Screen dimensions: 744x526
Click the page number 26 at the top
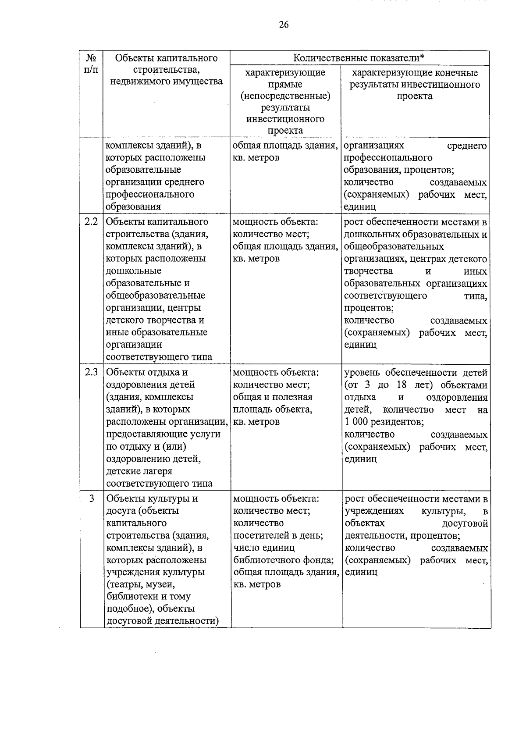coord(284,25)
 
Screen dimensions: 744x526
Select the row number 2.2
coord(91,221)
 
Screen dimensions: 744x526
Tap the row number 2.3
coord(91,372)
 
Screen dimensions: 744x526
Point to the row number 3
coord(92,498)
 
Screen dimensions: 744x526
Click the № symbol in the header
coord(91,58)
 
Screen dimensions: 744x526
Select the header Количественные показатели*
coord(359,58)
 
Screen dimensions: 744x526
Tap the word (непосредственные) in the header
coord(285,96)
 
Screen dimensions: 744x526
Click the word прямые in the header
coord(285,84)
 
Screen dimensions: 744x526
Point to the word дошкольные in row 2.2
coord(134,271)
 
